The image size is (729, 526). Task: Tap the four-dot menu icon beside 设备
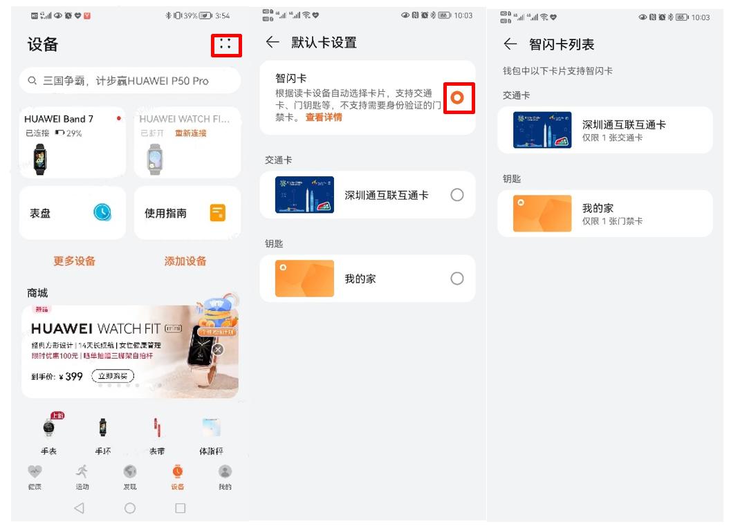(225, 45)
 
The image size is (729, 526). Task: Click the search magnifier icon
(33, 81)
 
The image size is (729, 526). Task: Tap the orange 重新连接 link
(190, 133)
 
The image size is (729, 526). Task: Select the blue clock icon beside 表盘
(102, 213)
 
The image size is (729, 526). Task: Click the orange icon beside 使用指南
(217, 213)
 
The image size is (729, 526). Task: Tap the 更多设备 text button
(74, 261)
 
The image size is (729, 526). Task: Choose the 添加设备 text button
(185, 261)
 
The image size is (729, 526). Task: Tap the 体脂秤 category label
(211, 451)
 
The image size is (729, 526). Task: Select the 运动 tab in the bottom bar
(82, 476)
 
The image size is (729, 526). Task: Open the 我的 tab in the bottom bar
(225, 476)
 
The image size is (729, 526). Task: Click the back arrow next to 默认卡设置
(273, 43)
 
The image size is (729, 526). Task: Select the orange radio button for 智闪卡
(456, 98)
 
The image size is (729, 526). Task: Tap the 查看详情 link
(324, 118)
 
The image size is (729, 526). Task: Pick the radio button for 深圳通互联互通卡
(456, 195)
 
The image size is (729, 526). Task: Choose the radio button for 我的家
(456, 279)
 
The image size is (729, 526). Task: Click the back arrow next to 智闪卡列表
(510, 44)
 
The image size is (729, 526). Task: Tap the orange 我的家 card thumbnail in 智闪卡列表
(542, 214)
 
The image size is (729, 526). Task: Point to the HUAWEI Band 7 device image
(41, 159)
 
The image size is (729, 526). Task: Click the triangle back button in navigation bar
(79, 508)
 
